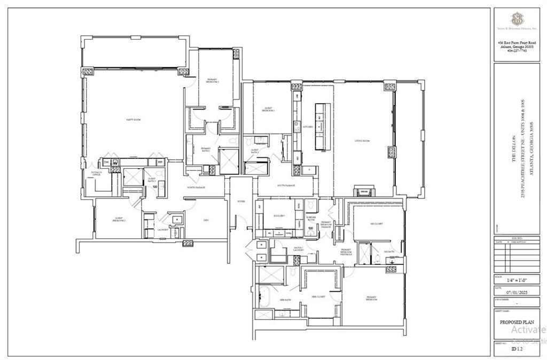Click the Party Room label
(x=133, y=120)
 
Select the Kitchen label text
(x=308, y=127)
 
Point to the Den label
(x=205, y=219)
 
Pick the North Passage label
(x=197, y=187)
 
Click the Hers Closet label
(x=319, y=296)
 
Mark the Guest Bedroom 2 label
(x=119, y=220)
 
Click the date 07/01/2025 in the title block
(x=516, y=293)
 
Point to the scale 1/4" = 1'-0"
(x=516, y=279)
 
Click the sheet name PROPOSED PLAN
(x=516, y=323)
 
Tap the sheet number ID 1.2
(x=516, y=348)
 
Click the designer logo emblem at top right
(x=516, y=21)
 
